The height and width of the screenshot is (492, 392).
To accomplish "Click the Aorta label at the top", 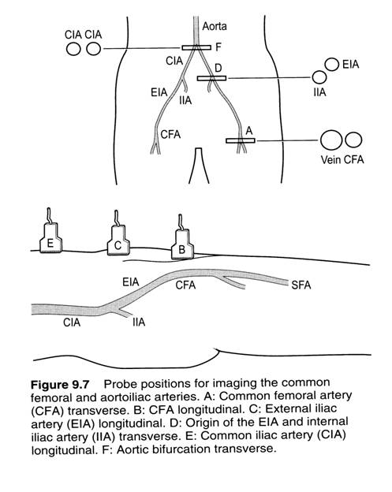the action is point(215,26).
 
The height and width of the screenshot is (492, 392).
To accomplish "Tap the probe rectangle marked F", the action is point(196,47).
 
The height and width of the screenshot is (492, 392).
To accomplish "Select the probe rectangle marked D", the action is point(211,78).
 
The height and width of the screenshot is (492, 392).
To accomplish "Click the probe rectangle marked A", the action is point(241,141).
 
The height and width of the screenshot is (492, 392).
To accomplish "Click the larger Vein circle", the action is point(331,140).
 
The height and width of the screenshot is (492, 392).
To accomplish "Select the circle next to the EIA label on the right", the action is point(332,65).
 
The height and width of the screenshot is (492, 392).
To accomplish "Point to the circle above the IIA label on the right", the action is point(319,77).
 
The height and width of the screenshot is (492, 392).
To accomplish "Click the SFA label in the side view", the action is point(301,285).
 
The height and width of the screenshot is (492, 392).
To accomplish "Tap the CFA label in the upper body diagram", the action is point(170,135).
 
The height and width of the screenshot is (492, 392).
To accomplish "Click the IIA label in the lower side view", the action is point(139,322).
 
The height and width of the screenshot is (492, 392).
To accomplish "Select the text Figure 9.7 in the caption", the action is point(60,385).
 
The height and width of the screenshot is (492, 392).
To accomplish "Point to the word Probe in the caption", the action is point(118,384).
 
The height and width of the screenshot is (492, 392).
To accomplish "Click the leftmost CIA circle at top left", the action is point(73,49).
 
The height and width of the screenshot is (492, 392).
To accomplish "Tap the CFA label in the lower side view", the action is point(185,285).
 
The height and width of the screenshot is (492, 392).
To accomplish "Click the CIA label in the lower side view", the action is point(72,322).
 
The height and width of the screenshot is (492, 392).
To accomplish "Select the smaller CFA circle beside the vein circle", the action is point(353,140).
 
